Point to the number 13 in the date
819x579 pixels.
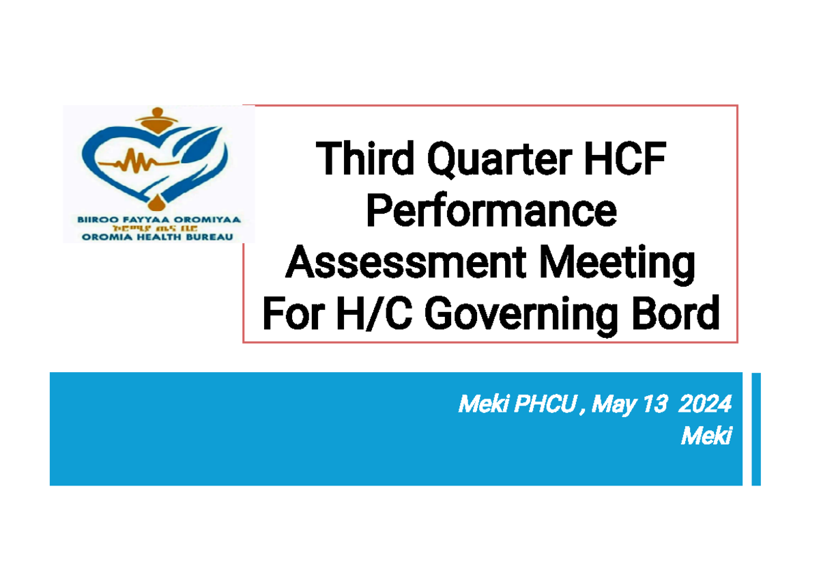pos(652,405)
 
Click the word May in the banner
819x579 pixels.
pos(613,405)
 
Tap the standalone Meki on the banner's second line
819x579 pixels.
pos(706,435)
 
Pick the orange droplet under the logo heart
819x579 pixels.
pos(158,202)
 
